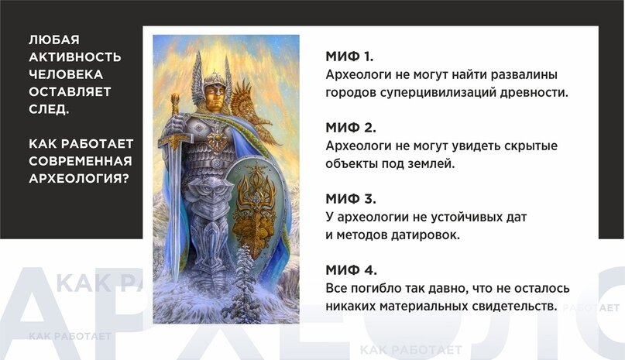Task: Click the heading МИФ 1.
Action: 349,57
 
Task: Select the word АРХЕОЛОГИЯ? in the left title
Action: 78,177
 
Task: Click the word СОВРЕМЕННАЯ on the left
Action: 80,160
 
